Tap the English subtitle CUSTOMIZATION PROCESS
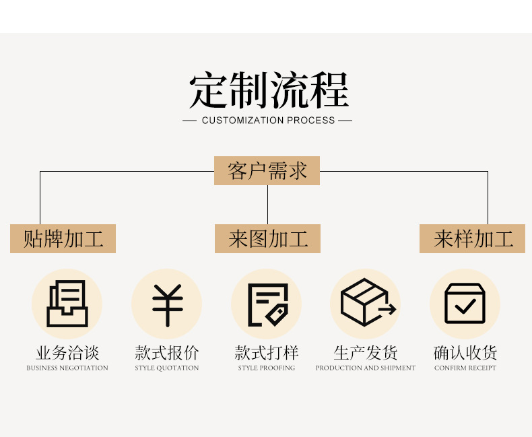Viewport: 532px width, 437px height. (x=268, y=121)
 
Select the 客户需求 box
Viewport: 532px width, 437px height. (x=267, y=171)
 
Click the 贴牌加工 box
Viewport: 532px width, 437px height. (x=63, y=239)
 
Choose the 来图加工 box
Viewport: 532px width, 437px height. (x=267, y=239)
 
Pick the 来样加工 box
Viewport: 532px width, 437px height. (x=472, y=239)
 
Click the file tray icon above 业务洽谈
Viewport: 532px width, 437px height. (x=67, y=304)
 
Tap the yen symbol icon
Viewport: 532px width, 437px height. (x=167, y=304)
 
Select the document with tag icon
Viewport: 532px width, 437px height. (x=267, y=304)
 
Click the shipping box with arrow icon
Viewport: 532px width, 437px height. (x=366, y=303)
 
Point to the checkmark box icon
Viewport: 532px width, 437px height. (x=465, y=304)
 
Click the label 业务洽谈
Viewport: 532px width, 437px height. (x=67, y=353)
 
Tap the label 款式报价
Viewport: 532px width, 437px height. (x=167, y=353)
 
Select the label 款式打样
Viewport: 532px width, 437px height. (x=267, y=353)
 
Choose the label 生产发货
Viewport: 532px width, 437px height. (x=366, y=353)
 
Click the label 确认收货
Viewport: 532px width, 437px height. (x=465, y=353)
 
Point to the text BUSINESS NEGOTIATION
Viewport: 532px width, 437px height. (x=67, y=368)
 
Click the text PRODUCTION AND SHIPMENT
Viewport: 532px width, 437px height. (x=366, y=368)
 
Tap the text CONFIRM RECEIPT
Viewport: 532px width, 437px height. (x=465, y=368)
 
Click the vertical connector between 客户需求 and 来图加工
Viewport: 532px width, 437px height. (x=267, y=205)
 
